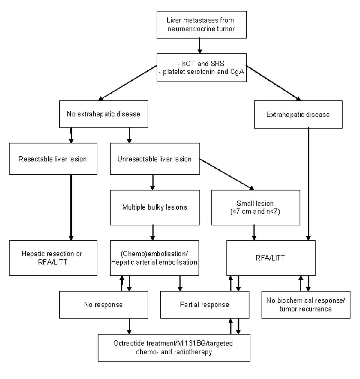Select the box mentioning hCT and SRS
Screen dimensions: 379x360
202,67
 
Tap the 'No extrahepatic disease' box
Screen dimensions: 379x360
103,114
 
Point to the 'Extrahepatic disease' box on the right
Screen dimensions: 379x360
298,114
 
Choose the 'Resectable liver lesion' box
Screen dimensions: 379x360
53,159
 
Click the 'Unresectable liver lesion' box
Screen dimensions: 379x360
155,159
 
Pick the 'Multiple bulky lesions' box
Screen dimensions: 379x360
155,207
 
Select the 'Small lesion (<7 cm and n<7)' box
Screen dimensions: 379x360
255,207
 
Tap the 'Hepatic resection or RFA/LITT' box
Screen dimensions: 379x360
53,258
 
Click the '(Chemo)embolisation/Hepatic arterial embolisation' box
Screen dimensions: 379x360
154,258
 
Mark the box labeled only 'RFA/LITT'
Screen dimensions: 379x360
271,258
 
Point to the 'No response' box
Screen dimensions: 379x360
103,305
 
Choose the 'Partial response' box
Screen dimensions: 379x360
205,305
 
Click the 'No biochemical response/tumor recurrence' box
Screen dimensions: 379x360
306,305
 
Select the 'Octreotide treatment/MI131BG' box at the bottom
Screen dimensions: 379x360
174,347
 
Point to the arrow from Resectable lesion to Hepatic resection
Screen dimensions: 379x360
71,207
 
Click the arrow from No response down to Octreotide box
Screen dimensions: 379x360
130,326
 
